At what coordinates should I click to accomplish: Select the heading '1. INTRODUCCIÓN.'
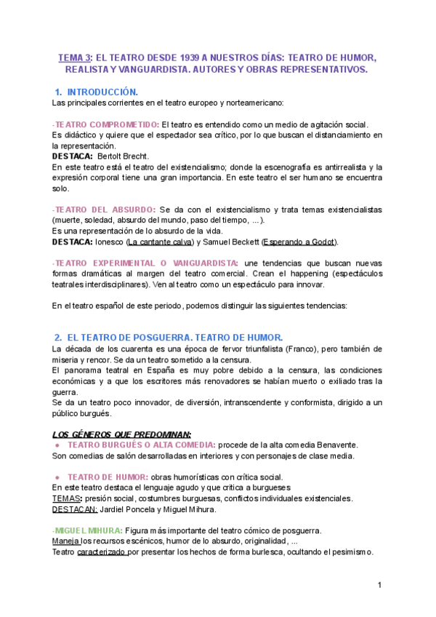pyautogui.click(x=96, y=92)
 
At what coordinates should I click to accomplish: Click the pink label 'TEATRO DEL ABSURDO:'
pyautogui.click(x=104, y=210)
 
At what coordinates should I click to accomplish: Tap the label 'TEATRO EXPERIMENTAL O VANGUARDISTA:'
pyautogui.click(x=145, y=262)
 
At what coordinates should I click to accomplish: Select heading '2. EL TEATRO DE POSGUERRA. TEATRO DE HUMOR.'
pyautogui.click(x=169, y=338)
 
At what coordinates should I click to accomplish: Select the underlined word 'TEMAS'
pyautogui.click(x=65, y=498)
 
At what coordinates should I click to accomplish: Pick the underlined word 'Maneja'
pyautogui.click(x=65, y=541)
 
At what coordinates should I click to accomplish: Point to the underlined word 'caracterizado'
pyautogui.click(x=102, y=552)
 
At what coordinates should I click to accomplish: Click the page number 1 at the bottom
pyautogui.click(x=379, y=586)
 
